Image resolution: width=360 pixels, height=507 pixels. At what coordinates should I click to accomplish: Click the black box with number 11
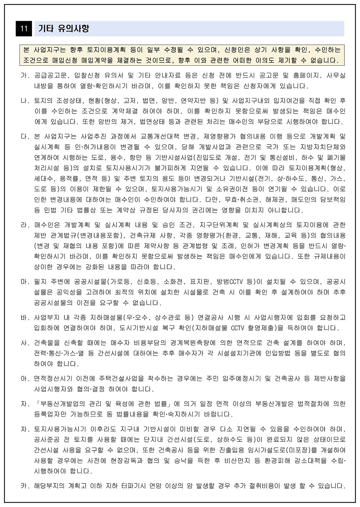tap(24, 29)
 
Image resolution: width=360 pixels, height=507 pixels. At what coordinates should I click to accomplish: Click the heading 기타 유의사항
tap(63, 29)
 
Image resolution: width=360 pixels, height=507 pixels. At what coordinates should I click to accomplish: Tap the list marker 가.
tap(25, 76)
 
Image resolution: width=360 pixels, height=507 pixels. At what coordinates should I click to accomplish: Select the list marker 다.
tap(25, 136)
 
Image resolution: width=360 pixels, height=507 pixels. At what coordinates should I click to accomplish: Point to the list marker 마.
tap(25, 281)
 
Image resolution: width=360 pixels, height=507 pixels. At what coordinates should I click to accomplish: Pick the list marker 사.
tap(25, 343)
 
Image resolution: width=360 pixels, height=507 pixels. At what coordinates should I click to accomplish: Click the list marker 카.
tap(25, 486)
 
